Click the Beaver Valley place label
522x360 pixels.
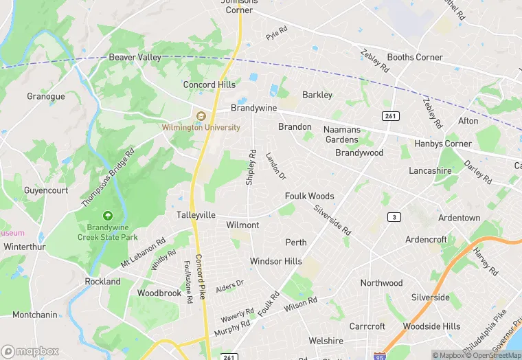[x=135, y=57]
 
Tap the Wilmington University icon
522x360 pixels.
[x=201, y=116]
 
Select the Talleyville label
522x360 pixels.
[x=196, y=215]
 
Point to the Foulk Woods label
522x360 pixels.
[x=310, y=196]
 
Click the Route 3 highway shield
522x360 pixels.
[x=394, y=217]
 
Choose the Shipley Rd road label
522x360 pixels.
[x=251, y=167]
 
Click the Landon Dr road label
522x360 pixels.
[x=275, y=167]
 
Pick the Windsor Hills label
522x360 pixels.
[x=275, y=261]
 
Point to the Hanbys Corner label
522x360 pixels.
[x=443, y=144]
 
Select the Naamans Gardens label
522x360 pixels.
[x=341, y=134]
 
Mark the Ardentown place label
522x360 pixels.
[x=459, y=218]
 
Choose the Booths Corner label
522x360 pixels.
[x=415, y=57]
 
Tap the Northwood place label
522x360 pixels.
[x=381, y=283]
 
